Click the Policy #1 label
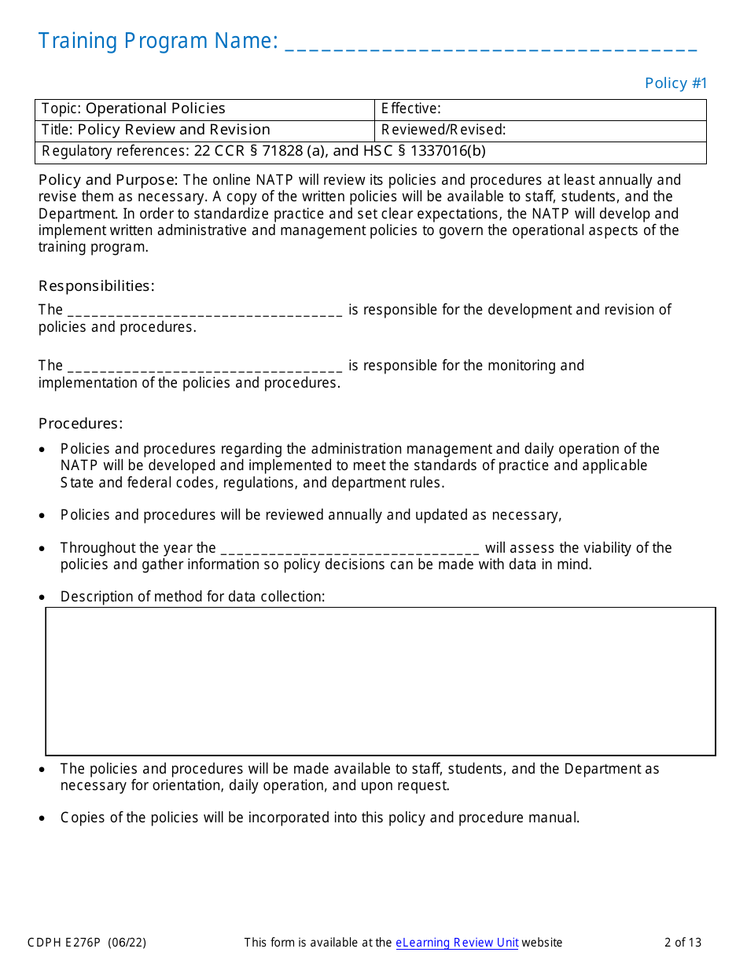click(676, 83)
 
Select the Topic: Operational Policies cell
click(204, 109)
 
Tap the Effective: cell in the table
click(540, 109)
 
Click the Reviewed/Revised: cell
click(540, 131)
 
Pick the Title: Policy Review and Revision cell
click(204, 131)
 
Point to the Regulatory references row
click(370, 152)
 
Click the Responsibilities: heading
click(97, 286)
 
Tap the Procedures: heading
click(81, 424)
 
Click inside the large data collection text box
click(381, 681)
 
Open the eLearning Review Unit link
click(457, 943)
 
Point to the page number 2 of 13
click(683, 943)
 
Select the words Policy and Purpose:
click(109, 180)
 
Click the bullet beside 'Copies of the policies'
click(42, 818)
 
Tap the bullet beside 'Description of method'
click(42, 597)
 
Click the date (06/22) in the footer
click(127, 943)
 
